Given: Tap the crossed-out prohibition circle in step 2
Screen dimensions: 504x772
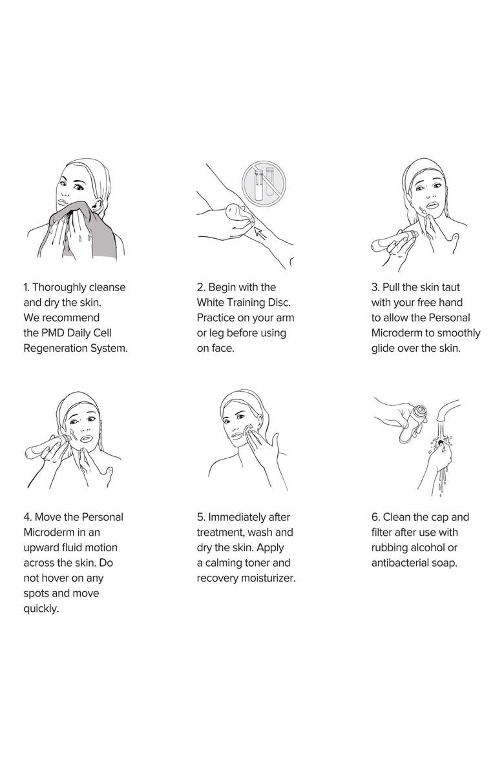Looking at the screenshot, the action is (x=264, y=181).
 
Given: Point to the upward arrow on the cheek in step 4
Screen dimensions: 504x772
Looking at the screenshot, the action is (x=73, y=435).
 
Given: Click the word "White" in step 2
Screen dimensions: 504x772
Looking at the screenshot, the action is (x=211, y=302).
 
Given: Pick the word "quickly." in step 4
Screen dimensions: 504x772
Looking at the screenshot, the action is (x=41, y=609).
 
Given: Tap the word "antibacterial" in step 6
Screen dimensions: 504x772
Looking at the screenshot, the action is (x=401, y=563).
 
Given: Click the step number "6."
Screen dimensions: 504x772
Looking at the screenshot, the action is (x=375, y=518).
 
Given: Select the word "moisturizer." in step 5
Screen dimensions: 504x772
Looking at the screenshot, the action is (x=268, y=578).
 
